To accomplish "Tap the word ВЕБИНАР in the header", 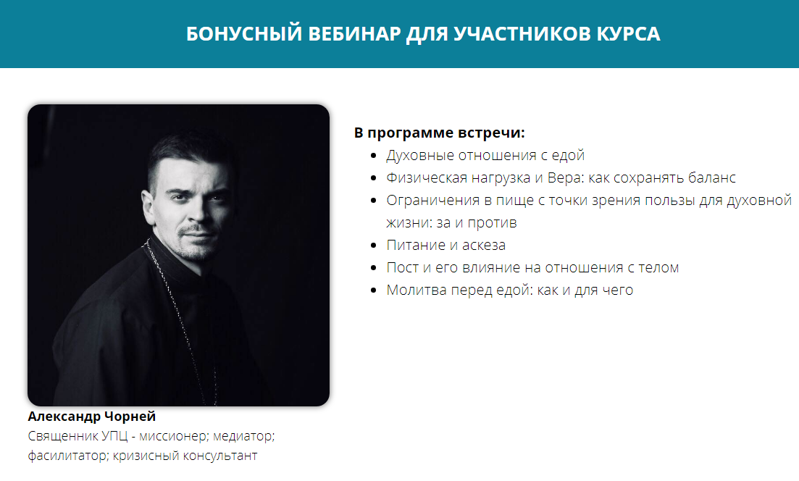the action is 355,33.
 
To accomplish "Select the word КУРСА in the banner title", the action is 628,33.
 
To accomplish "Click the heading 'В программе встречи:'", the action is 439,133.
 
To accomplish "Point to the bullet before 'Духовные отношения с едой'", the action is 374,156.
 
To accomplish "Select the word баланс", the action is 711,177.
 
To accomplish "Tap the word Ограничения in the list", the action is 432,200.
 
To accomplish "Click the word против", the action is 493,223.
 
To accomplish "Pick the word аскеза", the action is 484,246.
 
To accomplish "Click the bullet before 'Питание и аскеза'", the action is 374,246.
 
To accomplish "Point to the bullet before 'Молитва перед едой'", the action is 374,290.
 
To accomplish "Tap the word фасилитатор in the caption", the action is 68,456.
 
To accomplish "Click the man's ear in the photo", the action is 148,206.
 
